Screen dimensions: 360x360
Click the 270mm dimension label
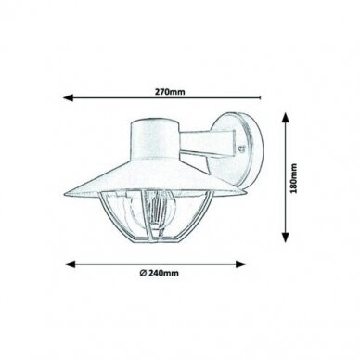(x=170, y=92)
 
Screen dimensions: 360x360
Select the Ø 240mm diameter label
(x=159, y=273)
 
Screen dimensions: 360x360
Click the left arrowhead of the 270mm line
(x=68, y=98)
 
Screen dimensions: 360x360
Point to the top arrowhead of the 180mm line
(x=286, y=118)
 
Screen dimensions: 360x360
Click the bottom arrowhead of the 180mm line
(x=286, y=237)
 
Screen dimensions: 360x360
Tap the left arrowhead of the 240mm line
(x=71, y=264)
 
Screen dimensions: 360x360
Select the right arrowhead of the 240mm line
(x=241, y=264)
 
